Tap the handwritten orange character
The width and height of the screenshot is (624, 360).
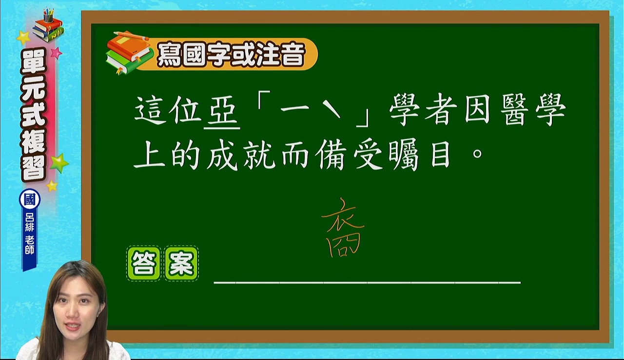click(x=343, y=228)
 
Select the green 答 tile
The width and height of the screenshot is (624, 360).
click(x=144, y=263)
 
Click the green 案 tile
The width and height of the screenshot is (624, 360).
click(x=181, y=263)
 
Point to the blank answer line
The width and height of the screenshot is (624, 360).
click(x=367, y=282)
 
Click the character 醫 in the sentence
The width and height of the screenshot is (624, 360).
click(x=514, y=109)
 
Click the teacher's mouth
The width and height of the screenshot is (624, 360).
click(x=72, y=326)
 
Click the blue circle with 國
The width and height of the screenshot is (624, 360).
click(x=30, y=200)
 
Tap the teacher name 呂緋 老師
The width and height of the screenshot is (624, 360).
click(x=30, y=234)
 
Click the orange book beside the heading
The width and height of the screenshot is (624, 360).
click(x=128, y=46)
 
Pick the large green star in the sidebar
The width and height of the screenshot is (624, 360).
click(x=59, y=163)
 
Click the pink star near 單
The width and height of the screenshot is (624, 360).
click(x=56, y=53)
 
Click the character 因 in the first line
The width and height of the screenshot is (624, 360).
click(x=477, y=109)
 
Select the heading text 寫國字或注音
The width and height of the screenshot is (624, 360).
click(x=231, y=54)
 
